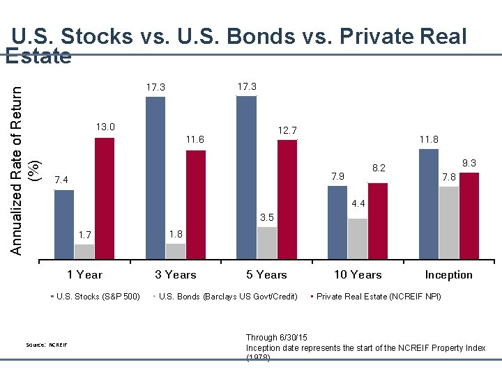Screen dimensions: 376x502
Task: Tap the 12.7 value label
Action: [x=287, y=130]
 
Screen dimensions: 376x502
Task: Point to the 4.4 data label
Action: [x=358, y=204]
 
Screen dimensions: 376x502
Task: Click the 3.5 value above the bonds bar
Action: [x=267, y=218]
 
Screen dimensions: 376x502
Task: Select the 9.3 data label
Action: [x=469, y=163]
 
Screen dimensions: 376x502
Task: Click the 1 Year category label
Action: [x=84, y=274]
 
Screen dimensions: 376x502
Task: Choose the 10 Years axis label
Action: [x=358, y=274]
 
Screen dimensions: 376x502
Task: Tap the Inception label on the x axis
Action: [x=448, y=274]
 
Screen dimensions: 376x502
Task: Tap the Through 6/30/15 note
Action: [x=273, y=337]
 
